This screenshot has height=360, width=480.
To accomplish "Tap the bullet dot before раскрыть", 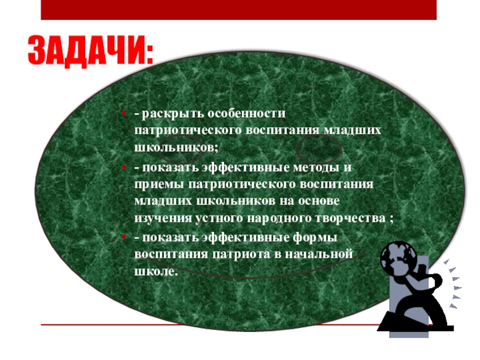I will click(123, 114).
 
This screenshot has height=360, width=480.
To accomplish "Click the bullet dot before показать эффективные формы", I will click(123, 238).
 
